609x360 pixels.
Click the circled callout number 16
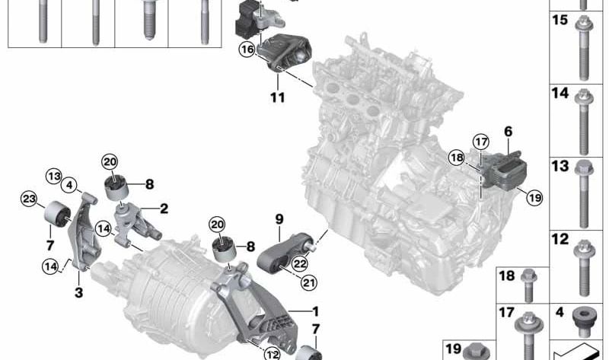pos(247,49)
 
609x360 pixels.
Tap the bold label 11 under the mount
pos(278,97)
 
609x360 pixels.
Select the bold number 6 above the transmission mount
pos(509,132)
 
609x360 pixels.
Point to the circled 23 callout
pos(29,199)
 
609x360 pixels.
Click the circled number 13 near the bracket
pos(53,177)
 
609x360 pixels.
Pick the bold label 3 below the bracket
pos(79,292)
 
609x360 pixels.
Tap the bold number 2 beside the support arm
pos(164,209)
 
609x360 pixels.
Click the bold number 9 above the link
pos(279,219)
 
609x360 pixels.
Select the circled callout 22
pos(300,264)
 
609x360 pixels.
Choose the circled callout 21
pos(308,282)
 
